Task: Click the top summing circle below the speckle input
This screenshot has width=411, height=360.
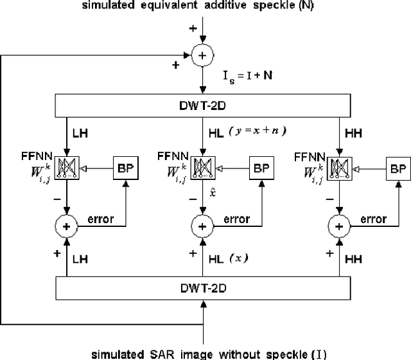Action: point(203,56)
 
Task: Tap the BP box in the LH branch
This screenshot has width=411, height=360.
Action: point(122,168)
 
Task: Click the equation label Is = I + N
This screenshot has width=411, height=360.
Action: point(247,77)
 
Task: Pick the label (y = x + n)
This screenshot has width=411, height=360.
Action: point(259,131)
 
